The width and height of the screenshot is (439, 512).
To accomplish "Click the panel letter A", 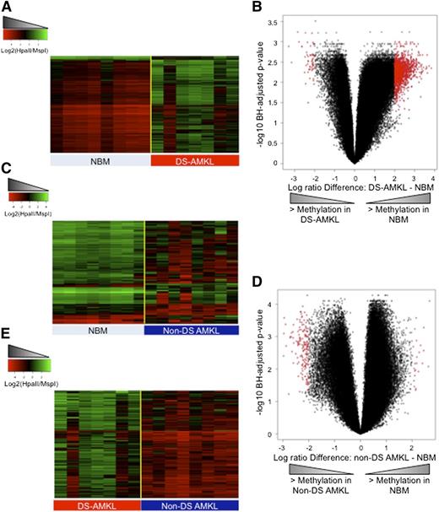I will pyautogui.click(x=7, y=8).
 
